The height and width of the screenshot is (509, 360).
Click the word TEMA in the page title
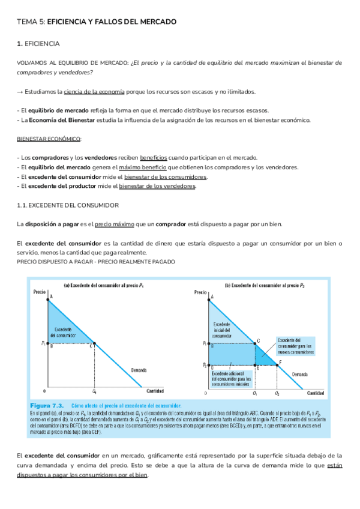(26, 22)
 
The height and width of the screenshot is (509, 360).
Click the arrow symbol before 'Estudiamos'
(20, 92)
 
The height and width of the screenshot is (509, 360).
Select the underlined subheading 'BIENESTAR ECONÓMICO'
(49, 139)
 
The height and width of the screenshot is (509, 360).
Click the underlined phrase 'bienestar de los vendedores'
(158, 186)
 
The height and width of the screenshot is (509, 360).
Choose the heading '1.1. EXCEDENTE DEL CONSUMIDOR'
(68, 205)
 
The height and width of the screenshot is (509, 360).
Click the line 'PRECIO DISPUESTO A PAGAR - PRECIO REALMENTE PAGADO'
(96, 262)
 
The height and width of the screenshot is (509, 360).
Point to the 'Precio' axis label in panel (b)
(200, 292)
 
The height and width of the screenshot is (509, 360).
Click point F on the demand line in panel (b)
(279, 362)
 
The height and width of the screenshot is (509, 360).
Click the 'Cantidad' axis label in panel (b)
(316, 393)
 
